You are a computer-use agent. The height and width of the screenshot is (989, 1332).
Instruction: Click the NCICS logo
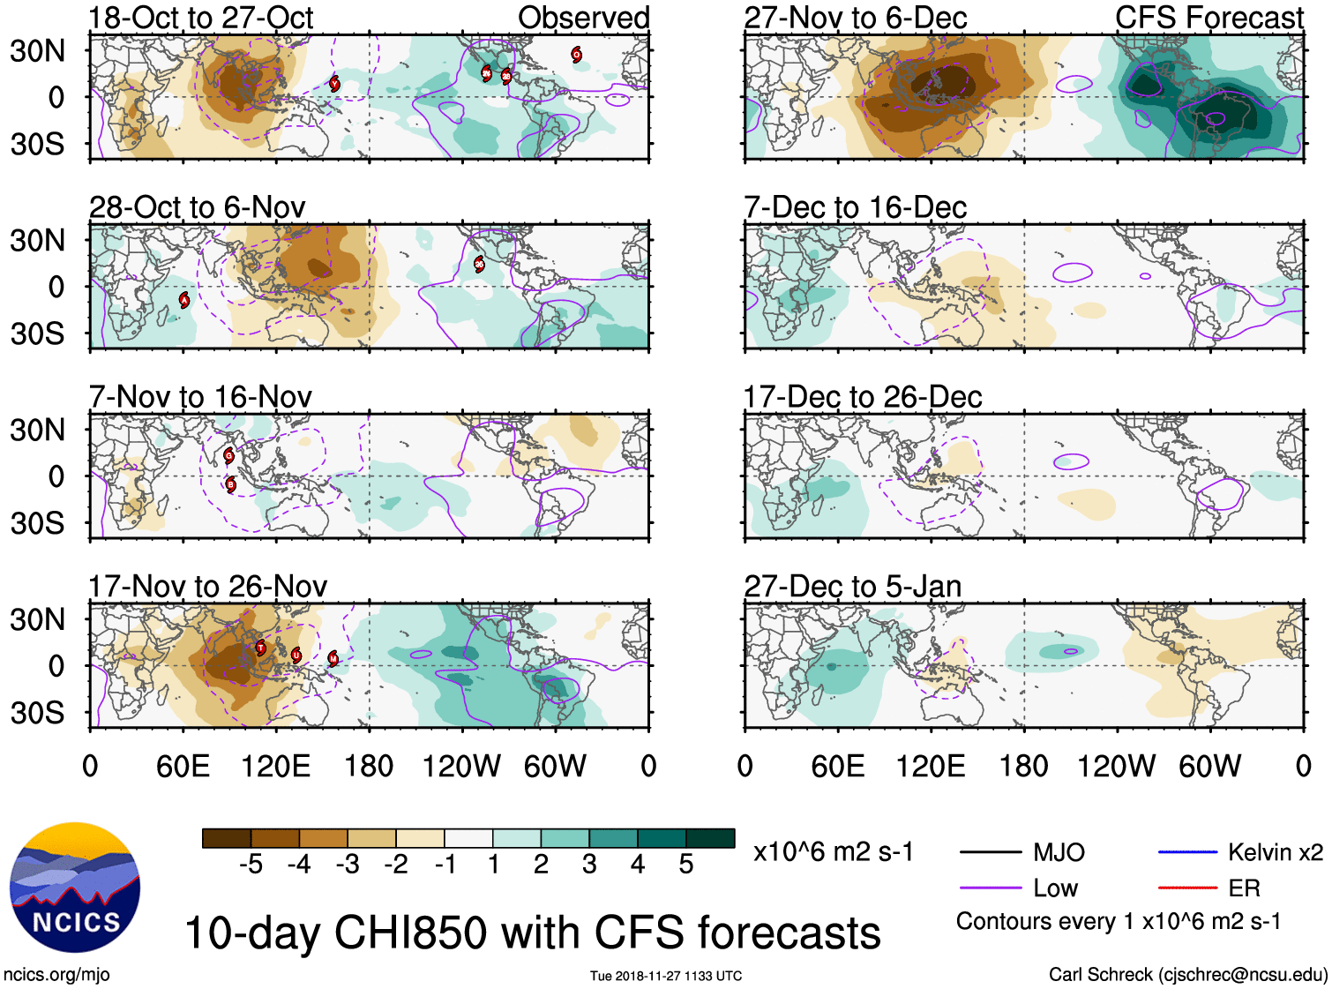tap(75, 888)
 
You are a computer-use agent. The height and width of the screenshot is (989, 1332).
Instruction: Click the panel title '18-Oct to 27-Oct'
tap(201, 18)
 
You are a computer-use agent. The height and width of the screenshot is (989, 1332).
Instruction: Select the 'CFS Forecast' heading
tap(1209, 18)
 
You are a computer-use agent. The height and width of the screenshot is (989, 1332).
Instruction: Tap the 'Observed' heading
tap(583, 18)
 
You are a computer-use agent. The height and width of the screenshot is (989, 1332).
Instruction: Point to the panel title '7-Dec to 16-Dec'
tap(855, 207)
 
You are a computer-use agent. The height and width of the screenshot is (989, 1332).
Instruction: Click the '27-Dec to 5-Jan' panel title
tap(852, 587)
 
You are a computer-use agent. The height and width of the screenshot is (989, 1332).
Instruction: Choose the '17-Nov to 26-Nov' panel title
tap(207, 587)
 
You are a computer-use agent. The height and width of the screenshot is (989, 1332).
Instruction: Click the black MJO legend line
tap(990, 852)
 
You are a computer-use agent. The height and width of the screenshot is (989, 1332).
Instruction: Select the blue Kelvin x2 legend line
tap(1187, 852)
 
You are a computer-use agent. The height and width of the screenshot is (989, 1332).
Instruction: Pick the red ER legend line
tap(1187, 888)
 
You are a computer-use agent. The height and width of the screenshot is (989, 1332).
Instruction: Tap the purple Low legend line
tap(990, 888)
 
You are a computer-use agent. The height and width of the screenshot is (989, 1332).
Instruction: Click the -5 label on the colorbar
tap(251, 865)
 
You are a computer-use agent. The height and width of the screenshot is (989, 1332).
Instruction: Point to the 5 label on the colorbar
tap(686, 865)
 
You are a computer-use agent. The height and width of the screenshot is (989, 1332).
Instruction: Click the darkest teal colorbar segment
tap(710, 838)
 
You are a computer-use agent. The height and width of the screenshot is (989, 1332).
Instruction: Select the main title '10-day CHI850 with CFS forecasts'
tap(532, 933)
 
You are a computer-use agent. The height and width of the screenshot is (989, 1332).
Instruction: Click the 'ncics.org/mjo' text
tap(56, 975)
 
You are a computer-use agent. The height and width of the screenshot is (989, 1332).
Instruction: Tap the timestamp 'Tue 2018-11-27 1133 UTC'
tap(666, 976)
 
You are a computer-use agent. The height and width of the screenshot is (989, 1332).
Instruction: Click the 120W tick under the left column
tap(461, 766)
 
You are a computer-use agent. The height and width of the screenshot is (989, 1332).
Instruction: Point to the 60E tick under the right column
tap(837, 766)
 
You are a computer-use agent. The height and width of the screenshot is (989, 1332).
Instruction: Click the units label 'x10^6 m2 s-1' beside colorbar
tap(833, 852)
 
